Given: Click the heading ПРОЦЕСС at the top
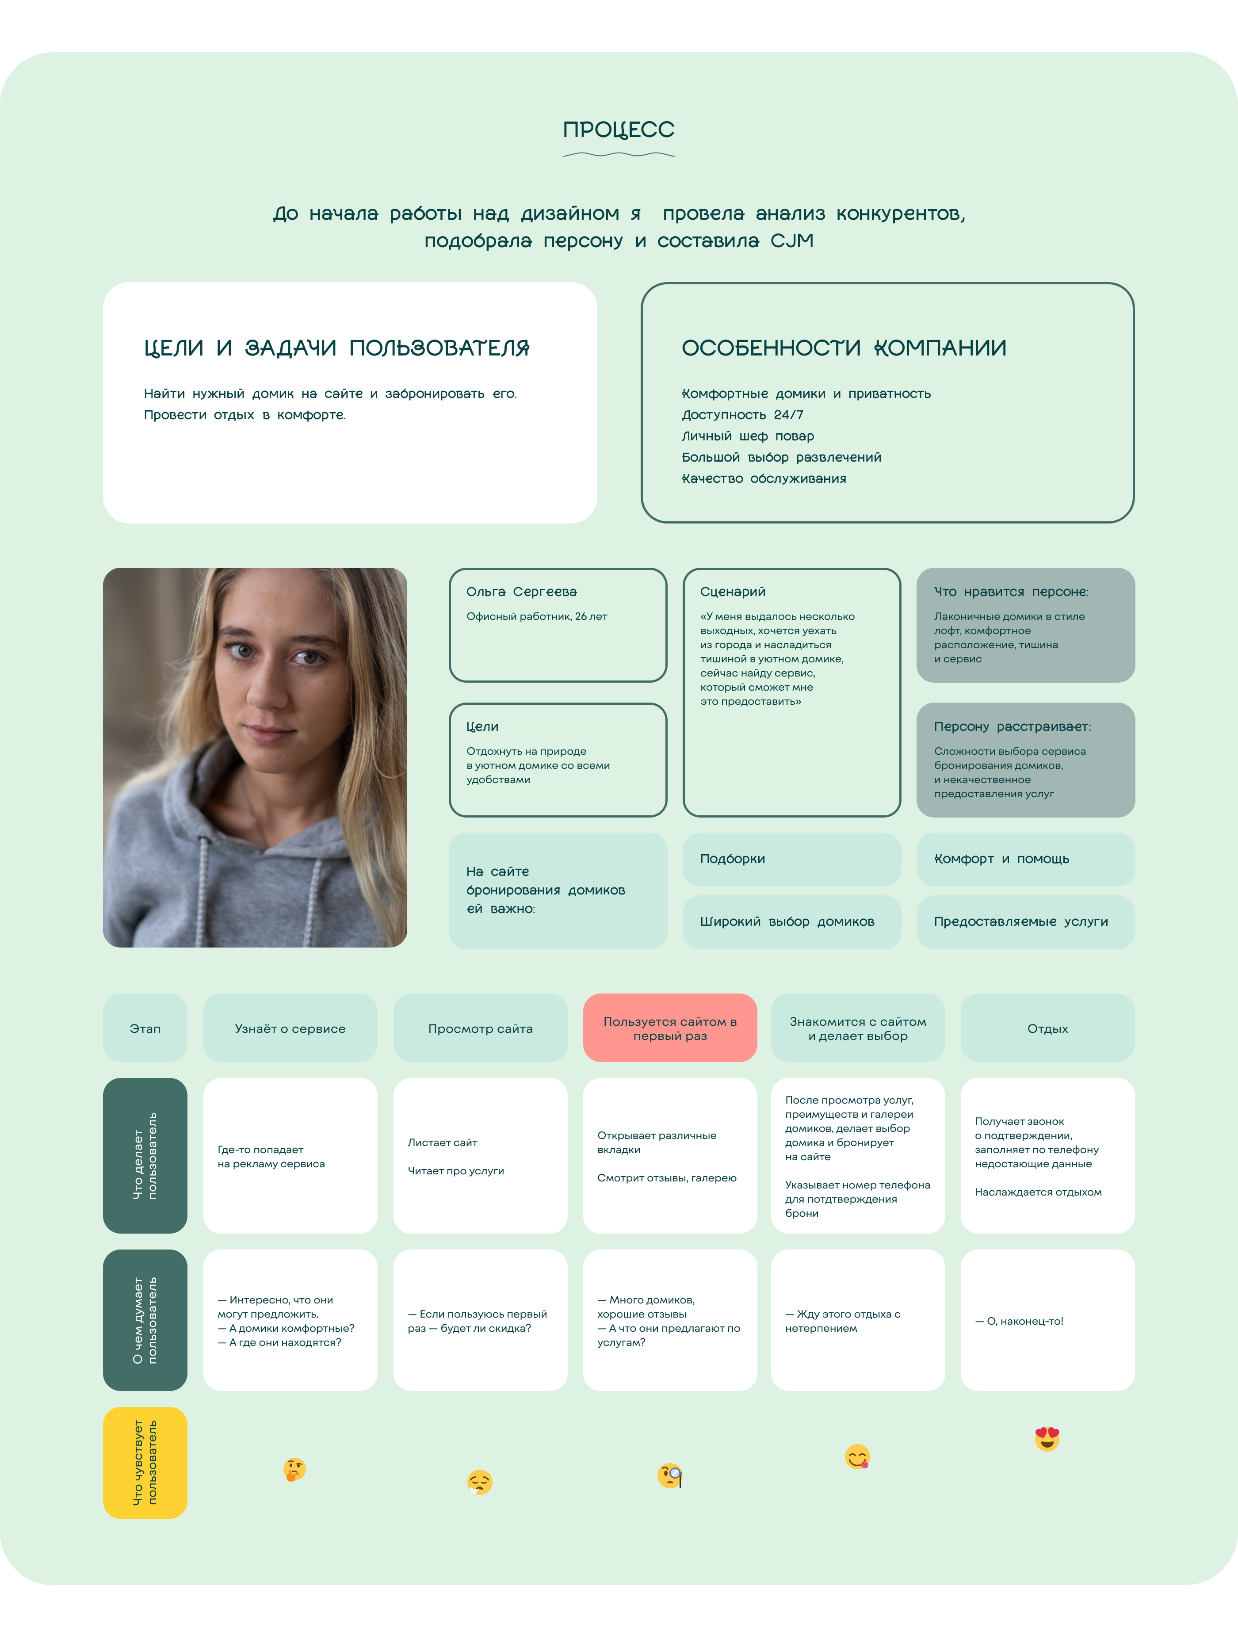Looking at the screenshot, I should (618, 130).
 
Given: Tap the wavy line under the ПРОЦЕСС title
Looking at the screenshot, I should (618, 155).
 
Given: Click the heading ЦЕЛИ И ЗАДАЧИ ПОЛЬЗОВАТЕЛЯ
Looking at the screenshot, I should (337, 348).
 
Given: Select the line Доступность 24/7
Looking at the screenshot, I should (742, 415).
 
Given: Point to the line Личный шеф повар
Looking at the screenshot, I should (747, 436).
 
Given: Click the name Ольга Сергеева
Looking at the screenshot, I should (521, 592).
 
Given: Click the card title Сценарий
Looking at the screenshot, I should (733, 592).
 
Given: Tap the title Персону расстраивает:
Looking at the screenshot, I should (1012, 726).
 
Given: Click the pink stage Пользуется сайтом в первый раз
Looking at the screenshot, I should (670, 1028).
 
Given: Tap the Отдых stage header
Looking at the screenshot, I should (1047, 1028).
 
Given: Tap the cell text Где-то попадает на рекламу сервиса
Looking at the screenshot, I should (271, 1156).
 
